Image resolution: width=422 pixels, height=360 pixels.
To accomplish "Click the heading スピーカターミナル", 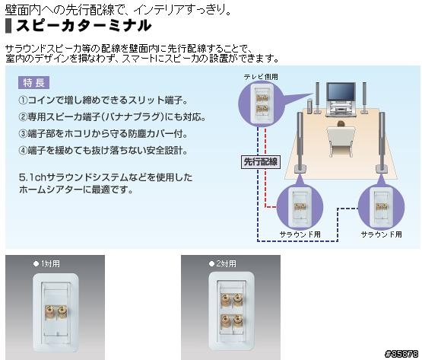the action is pyautogui.click(x=84, y=26).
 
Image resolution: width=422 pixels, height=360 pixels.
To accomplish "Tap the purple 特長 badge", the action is pyautogui.click(x=33, y=83).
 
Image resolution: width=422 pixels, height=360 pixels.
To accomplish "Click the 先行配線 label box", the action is pyautogui.click(x=261, y=162).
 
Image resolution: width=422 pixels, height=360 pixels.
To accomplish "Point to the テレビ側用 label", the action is pyautogui.click(x=261, y=77).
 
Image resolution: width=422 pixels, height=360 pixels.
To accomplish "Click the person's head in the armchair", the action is pyautogui.click(x=341, y=124).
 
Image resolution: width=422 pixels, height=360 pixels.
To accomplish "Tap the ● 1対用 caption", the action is pyautogui.click(x=46, y=264).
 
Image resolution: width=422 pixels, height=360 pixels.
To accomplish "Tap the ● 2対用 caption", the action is pyautogui.click(x=223, y=263).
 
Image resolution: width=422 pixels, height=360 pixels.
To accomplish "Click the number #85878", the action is pyautogui.click(x=401, y=353).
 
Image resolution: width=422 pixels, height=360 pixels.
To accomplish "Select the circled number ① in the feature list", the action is pyautogui.click(x=23, y=100).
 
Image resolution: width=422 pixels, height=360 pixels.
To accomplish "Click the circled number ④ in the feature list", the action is pyautogui.click(x=23, y=151).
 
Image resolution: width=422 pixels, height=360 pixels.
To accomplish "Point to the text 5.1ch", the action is pyautogui.click(x=33, y=177).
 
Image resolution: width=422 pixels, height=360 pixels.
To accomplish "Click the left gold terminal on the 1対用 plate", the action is pyautogui.click(x=49, y=312).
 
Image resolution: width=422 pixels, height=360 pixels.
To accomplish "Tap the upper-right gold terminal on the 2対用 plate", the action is pyautogui.click(x=237, y=300).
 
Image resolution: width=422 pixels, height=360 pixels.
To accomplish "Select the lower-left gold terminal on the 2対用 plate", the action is pyautogui.click(x=225, y=320).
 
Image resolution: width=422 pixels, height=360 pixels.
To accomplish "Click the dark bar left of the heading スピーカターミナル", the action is pyautogui.click(x=8, y=26).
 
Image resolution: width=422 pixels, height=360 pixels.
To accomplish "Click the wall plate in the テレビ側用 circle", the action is pyautogui.click(x=262, y=104).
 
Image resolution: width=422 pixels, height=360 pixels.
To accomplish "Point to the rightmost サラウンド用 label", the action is pyautogui.click(x=382, y=234).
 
